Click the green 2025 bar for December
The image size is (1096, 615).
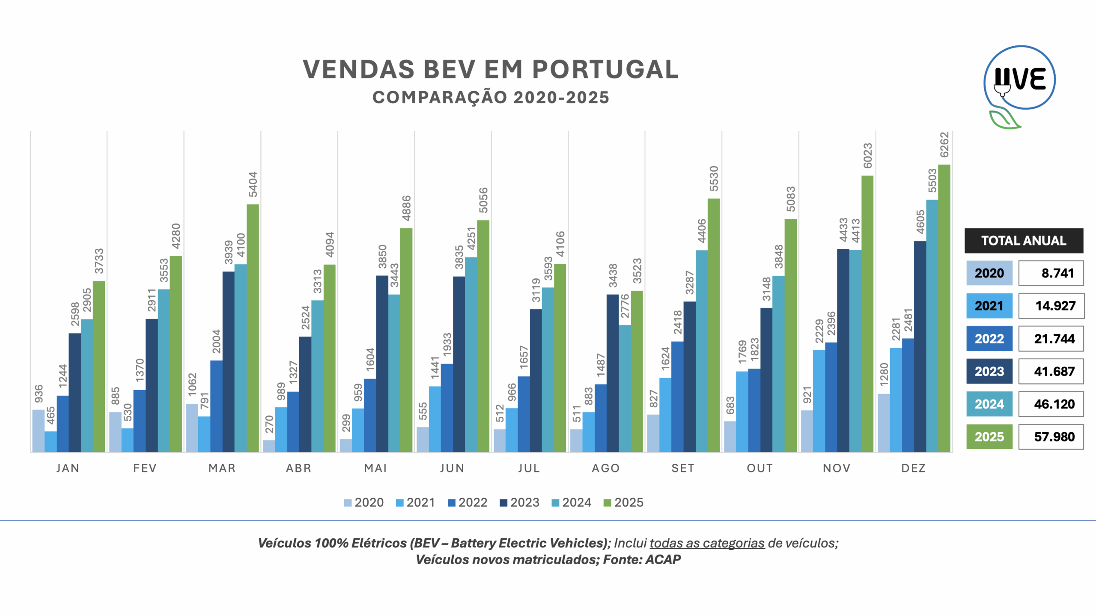pos(944,308)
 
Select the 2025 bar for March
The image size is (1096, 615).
pos(253,328)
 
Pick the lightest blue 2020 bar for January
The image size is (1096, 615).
pos(39,431)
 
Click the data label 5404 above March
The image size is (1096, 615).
pos(253,185)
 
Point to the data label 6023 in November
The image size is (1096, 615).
pos(867,156)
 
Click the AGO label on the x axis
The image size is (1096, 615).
pos(606,468)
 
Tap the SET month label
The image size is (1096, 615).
pos(683,468)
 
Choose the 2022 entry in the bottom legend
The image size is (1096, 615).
pos(468,502)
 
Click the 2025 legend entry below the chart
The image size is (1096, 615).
pos(623,502)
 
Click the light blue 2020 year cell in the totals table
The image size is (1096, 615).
pos(989,273)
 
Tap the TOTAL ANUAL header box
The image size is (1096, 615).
pos(1024,241)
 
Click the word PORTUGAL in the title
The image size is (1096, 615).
pos(605,69)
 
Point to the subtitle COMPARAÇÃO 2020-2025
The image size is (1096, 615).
pos(491,98)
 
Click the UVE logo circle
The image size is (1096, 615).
pos(1019,78)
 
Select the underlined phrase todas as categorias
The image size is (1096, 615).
pos(707,543)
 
